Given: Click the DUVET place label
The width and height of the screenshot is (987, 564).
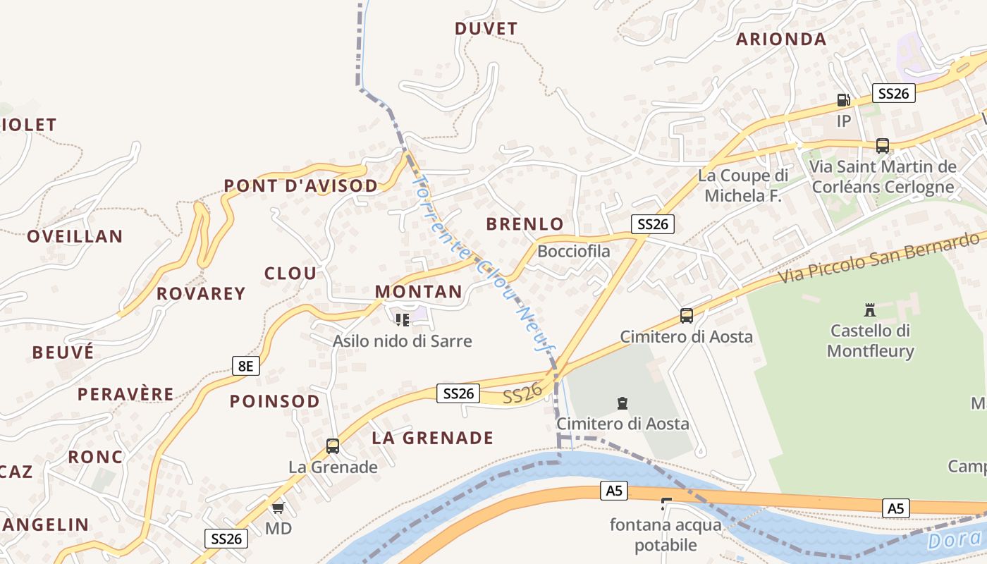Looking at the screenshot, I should [x=486, y=29].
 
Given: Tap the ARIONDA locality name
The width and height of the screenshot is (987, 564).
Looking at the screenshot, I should [x=780, y=39].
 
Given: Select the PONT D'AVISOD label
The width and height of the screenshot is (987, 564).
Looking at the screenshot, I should [x=301, y=186].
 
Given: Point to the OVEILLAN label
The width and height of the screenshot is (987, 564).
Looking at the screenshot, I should [x=75, y=236].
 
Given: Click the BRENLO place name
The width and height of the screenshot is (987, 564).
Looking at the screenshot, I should [x=525, y=224].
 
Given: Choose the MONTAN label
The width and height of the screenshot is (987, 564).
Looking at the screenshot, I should [x=418, y=291].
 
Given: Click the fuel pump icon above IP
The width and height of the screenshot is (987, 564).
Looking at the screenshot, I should [x=843, y=100].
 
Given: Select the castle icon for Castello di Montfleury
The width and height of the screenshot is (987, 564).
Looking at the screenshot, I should [x=870, y=309].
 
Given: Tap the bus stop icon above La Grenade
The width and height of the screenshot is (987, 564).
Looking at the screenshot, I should [x=333, y=446].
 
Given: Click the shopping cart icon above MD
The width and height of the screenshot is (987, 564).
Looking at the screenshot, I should [x=278, y=508].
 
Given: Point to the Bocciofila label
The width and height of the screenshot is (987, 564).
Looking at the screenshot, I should [x=574, y=251].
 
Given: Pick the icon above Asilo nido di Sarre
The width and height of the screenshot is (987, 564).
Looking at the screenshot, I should [x=403, y=320].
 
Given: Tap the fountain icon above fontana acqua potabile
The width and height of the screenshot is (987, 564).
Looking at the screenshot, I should [x=666, y=503].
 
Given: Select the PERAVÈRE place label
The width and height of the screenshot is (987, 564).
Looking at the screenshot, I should [x=125, y=394].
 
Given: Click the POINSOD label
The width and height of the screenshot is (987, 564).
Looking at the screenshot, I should [x=274, y=401].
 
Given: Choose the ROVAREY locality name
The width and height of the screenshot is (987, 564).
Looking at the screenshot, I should [x=201, y=293].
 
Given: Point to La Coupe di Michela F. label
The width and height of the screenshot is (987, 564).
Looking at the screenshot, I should [x=743, y=185].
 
